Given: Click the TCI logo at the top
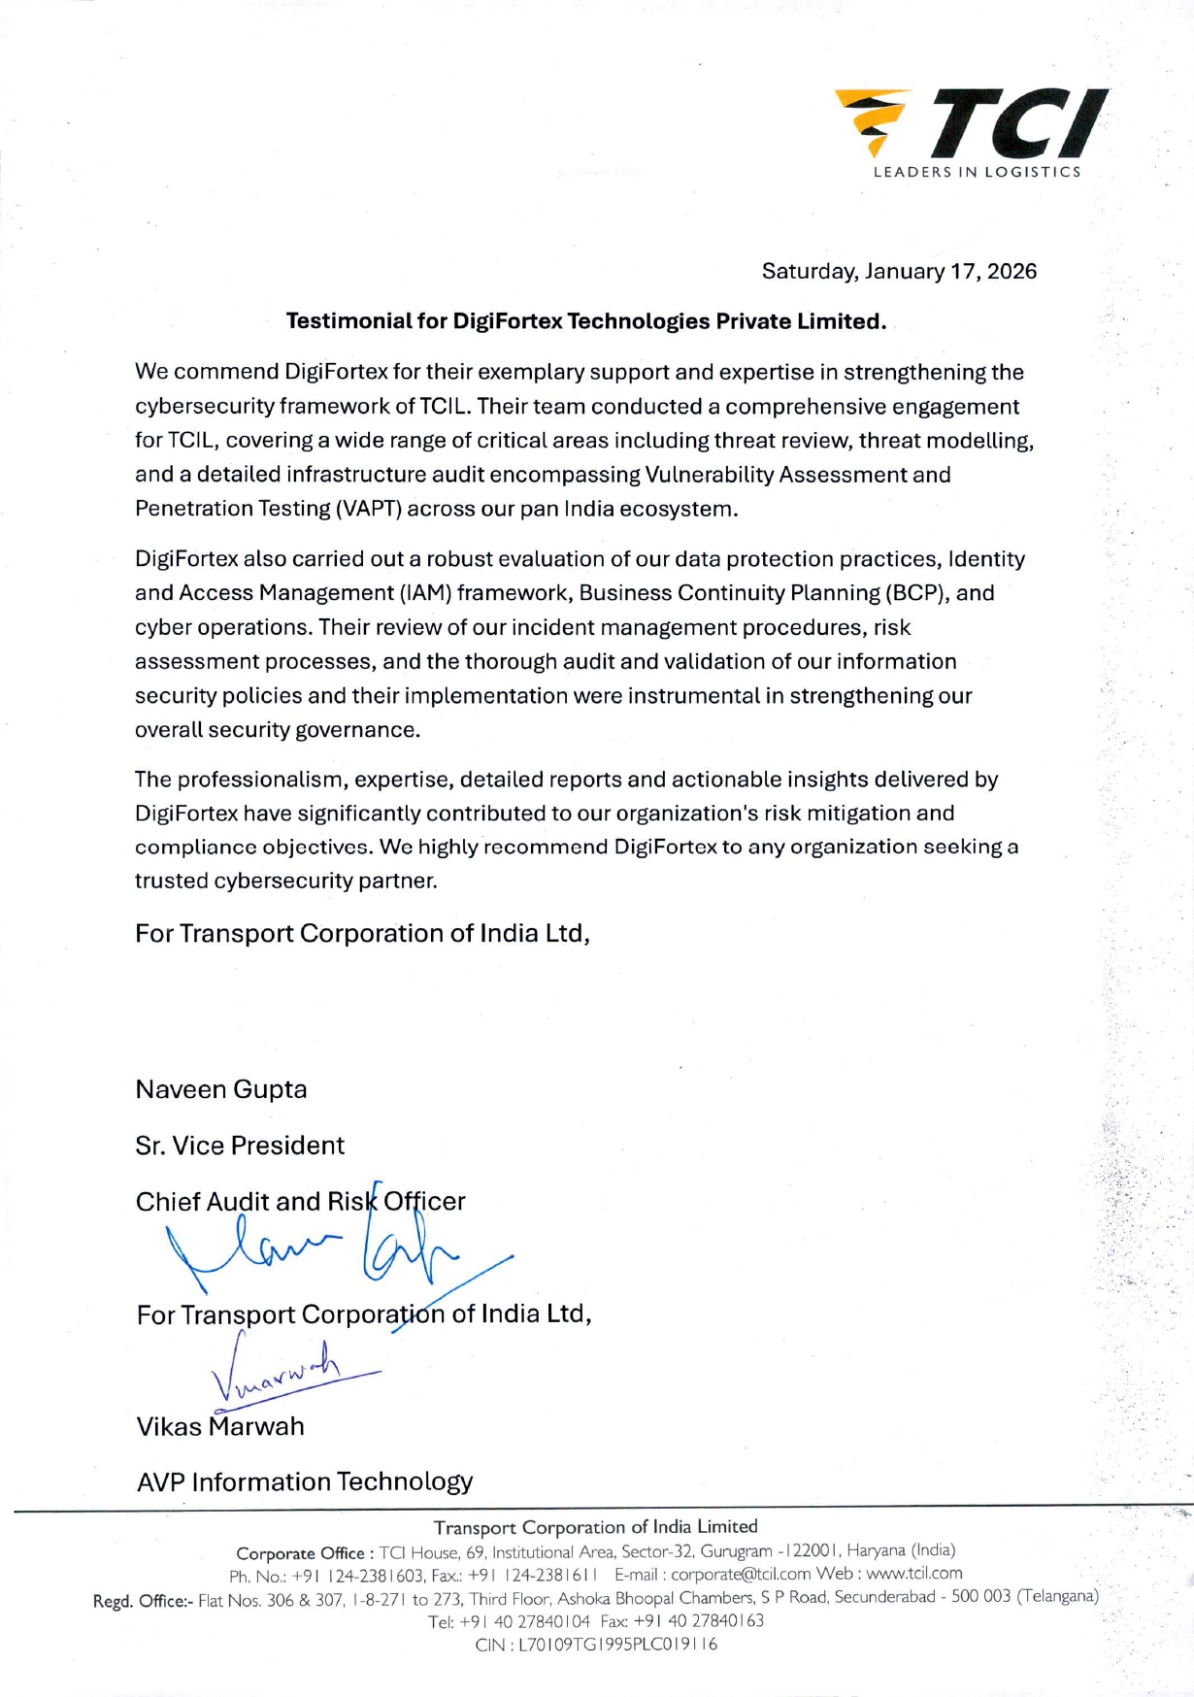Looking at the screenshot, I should tap(971, 123).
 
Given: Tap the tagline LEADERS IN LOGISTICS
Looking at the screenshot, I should tap(977, 172).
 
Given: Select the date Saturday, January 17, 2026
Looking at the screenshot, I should tap(899, 271).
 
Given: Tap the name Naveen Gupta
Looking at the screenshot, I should tap(221, 1089).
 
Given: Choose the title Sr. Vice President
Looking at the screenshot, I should tap(240, 1146).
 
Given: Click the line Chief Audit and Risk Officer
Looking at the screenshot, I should tap(300, 1202).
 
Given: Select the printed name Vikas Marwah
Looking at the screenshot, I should tap(220, 1426).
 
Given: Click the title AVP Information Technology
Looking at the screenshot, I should tap(305, 1481).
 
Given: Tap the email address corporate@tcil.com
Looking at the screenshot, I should tap(741, 1574).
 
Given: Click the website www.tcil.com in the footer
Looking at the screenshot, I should tap(914, 1573).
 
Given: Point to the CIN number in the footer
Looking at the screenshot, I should tap(596, 1645).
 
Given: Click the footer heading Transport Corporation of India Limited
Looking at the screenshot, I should tap(595, 1527).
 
